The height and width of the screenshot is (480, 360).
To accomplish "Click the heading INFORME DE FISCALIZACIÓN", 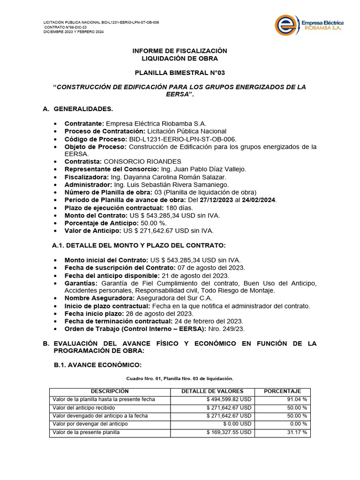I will click(180, 51).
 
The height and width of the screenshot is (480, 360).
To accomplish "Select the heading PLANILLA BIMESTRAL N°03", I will click(180, 73).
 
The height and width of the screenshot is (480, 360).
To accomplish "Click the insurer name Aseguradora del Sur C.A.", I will click(174, 298).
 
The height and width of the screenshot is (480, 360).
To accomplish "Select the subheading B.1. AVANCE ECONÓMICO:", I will click(97, 365).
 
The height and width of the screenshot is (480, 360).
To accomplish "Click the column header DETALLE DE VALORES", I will click(212, 391).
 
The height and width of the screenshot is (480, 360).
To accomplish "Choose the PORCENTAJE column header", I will click(282, 391).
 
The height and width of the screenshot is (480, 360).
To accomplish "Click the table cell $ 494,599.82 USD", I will click(229, 399).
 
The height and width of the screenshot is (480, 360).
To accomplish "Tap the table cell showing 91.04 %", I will click(297, 399).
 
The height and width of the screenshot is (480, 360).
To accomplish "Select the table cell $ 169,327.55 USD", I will click(229, 432).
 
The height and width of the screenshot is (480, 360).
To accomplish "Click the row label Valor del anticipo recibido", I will click(84, 408).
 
